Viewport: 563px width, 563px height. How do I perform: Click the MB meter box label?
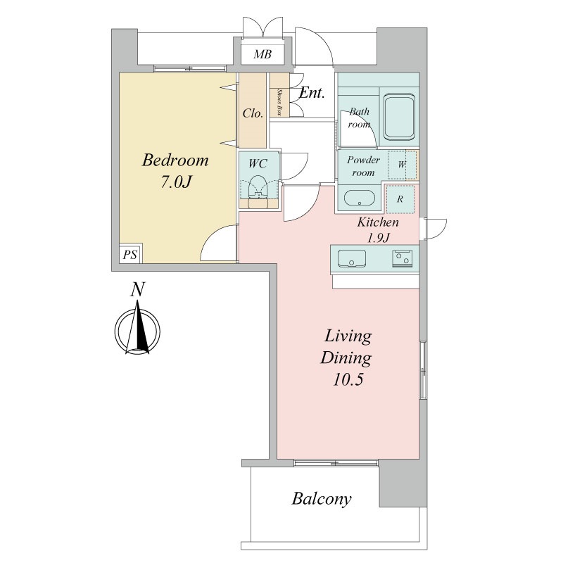[x=262, y=54]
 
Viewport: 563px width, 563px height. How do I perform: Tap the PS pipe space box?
[x=130, y=254]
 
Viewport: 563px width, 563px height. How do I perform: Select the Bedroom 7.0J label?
[x=175, y=170]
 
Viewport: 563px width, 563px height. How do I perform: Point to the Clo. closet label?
[x=253, y=113]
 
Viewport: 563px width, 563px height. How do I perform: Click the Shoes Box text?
[x=279, y=101]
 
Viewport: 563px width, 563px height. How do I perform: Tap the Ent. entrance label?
[x=312, y=94]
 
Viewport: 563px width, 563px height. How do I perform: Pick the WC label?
[x=258, y=164]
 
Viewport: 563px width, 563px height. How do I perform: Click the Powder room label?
[x=363, y=166]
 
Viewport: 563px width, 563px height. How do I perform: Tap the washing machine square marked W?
[x=402, y=165]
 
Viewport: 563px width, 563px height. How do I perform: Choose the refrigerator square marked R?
[x=400, y=199]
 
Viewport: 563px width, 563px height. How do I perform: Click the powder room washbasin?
[x=360, y=198]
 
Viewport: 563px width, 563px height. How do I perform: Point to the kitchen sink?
[x=352, y=258]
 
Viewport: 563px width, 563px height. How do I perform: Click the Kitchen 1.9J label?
[x=378, y=229]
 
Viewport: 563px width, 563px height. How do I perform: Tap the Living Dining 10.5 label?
[x=346, y=358]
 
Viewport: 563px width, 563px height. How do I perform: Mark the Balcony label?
[x=322, y=499]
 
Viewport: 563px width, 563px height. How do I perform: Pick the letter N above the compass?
[x=137, y=289]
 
